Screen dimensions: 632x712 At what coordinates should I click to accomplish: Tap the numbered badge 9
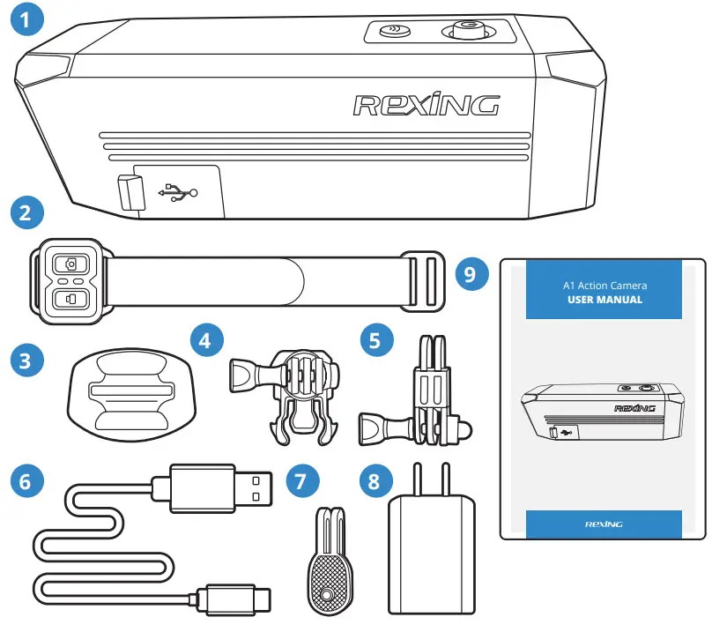[x=472, y=274]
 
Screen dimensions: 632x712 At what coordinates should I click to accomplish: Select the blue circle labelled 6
[x=26, y=483]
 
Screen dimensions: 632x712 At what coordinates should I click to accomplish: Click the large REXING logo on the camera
[x=426, y=105]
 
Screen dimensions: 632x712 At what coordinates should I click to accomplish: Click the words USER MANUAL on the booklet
[x=604, y=300]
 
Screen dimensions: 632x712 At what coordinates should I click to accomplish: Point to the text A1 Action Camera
[x=604, y=285]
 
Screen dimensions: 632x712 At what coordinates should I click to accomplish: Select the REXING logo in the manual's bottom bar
[x=604, y=524]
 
